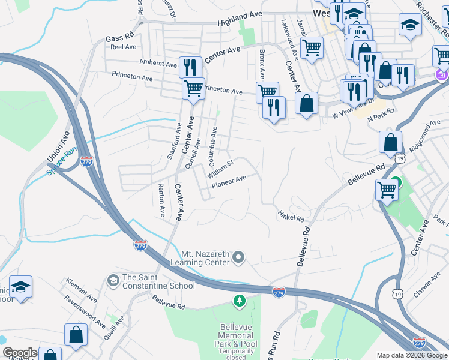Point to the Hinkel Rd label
291,215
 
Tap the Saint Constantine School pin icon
113,280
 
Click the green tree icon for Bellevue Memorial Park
240,300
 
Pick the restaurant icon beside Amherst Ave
190,67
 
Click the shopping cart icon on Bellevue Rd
387,190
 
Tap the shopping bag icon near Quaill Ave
76,335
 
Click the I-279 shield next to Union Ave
86,161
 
